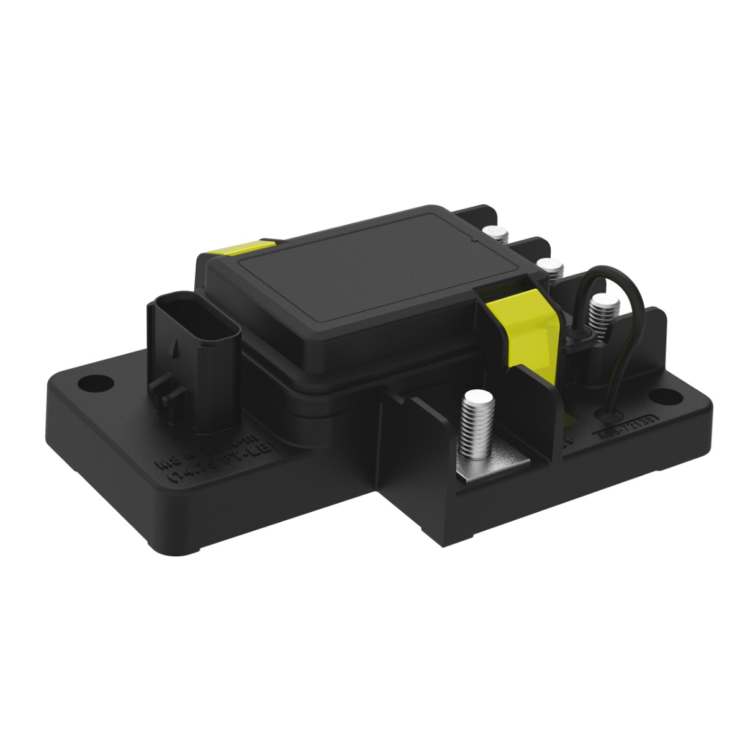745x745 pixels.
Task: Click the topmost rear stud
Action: point(495,234)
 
